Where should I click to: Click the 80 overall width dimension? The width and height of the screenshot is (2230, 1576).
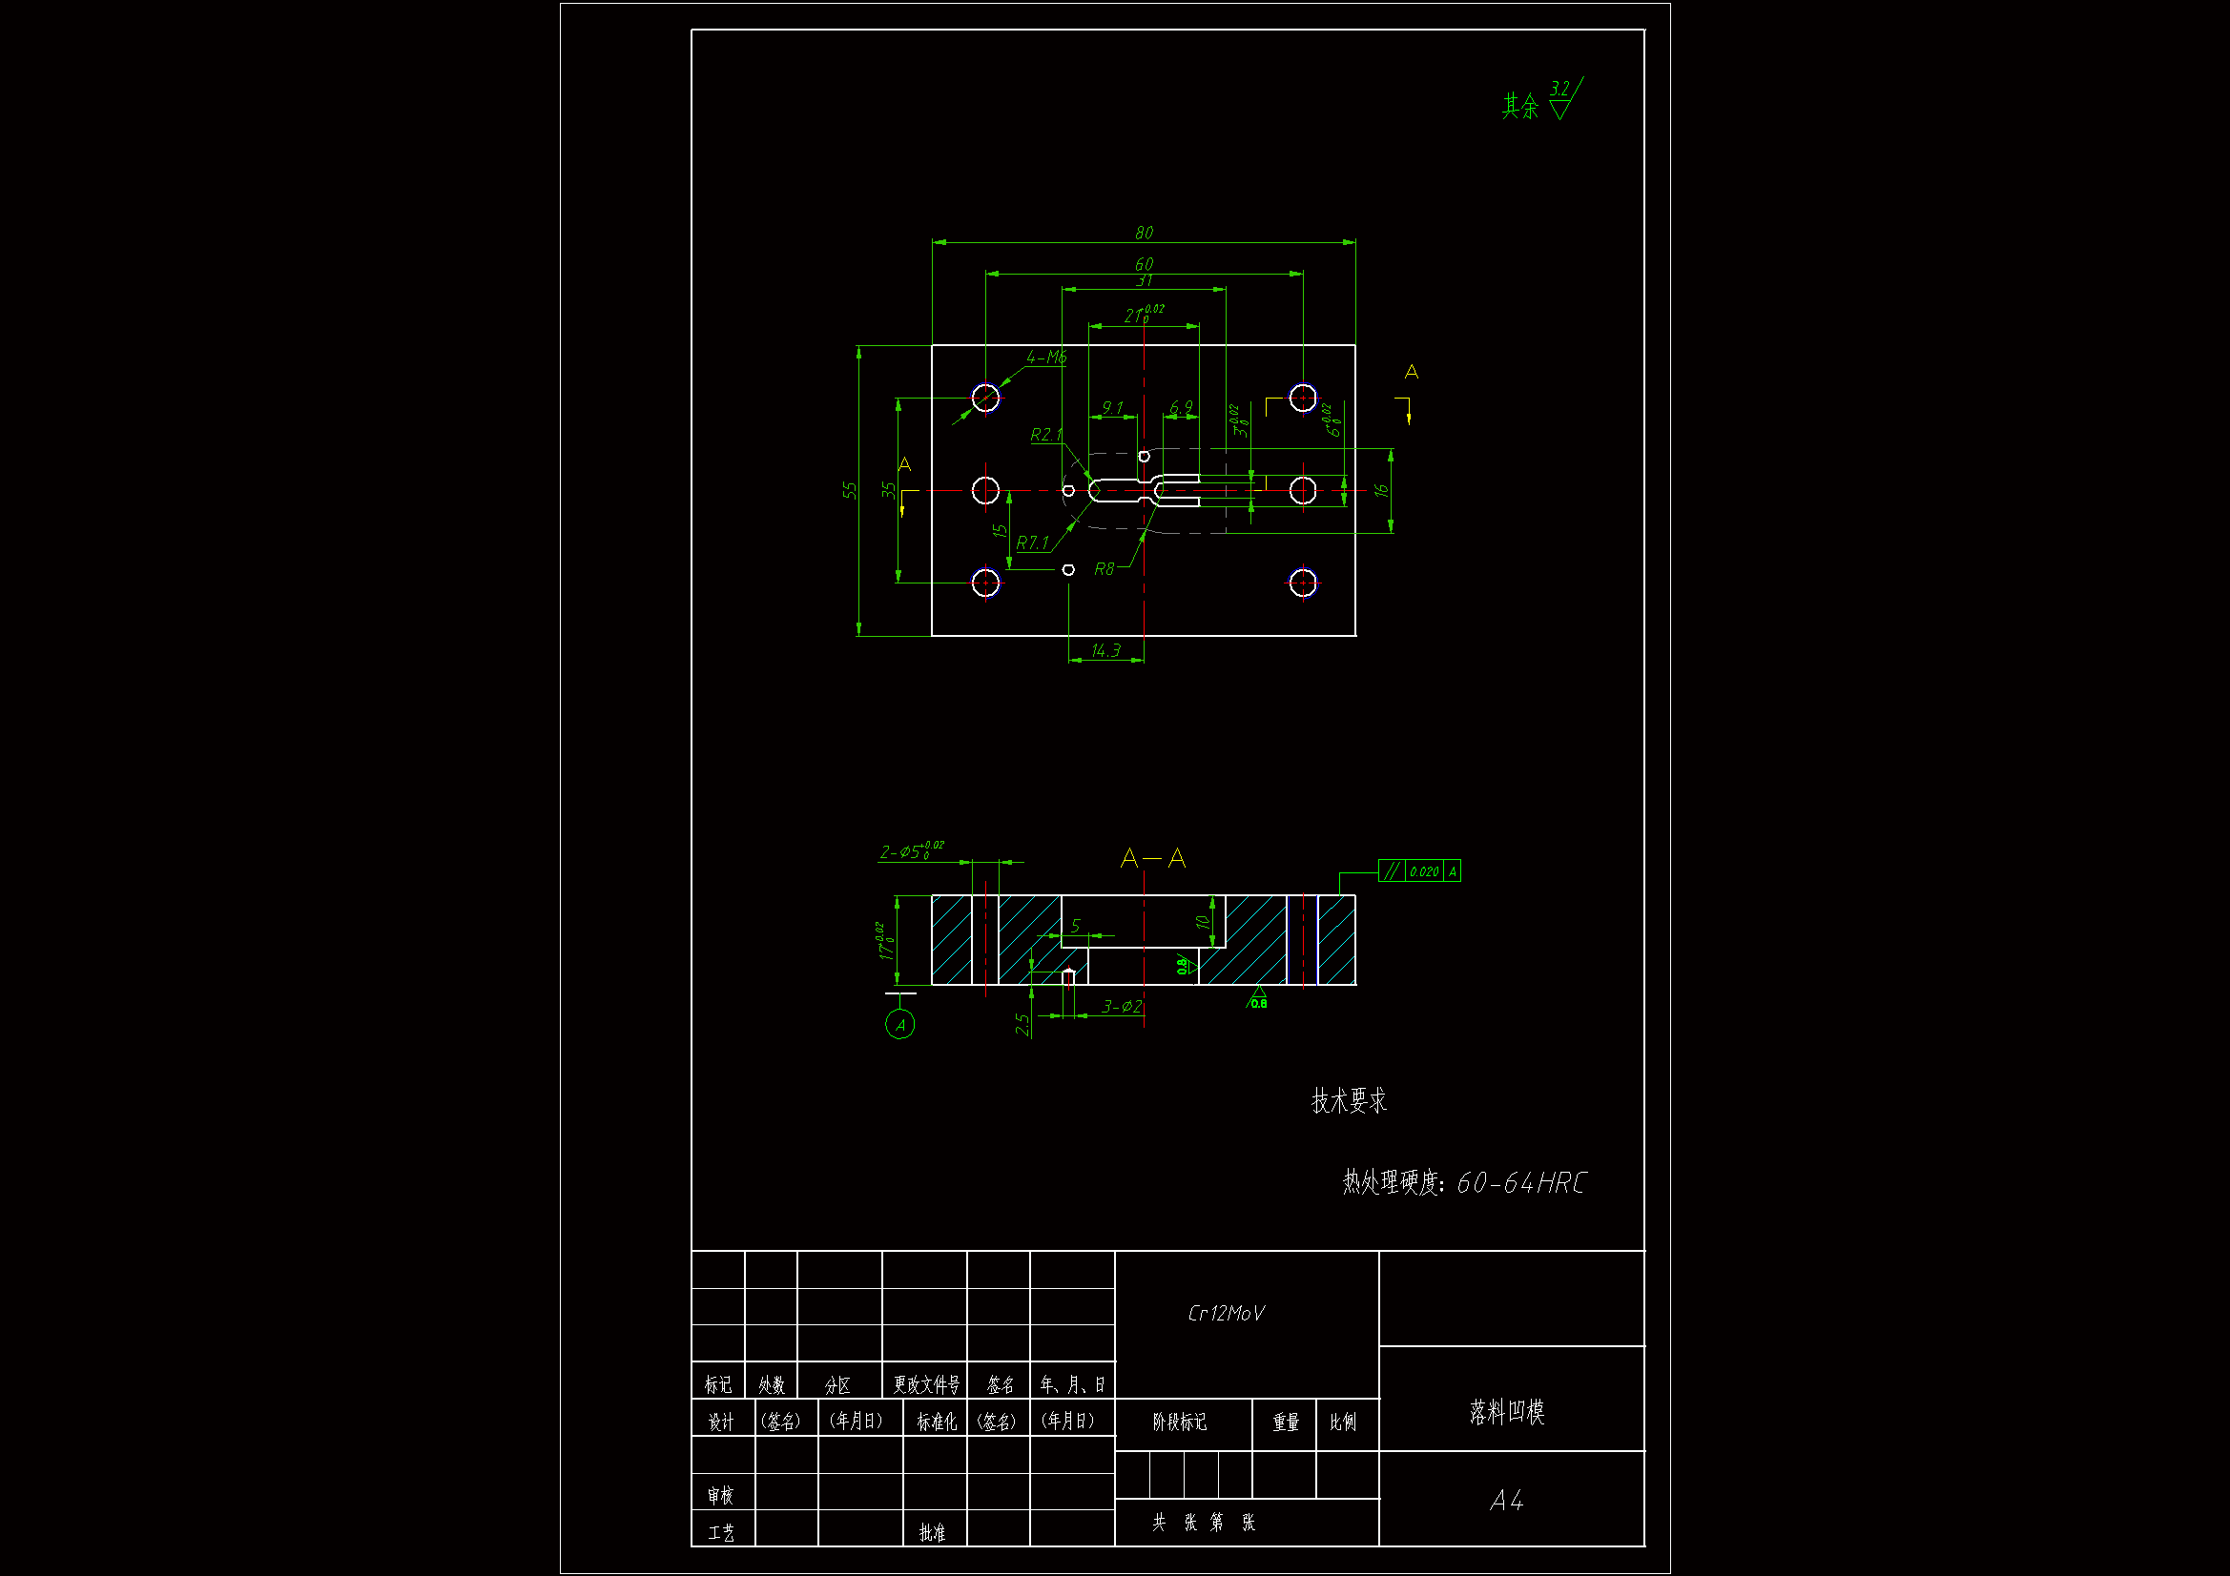[1144, 233]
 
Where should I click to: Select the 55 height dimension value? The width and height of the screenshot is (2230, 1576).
[850, 490]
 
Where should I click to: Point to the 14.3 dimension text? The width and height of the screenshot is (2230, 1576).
[1105, 650]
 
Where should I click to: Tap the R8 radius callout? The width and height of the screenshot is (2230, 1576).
[1105, 569]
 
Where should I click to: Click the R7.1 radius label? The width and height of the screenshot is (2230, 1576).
[1032, 542]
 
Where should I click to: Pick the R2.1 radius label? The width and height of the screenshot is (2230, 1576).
[1046, 435]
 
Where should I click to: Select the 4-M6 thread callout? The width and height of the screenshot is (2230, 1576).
[1047, 358]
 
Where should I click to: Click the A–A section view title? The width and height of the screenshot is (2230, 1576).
[1153, 858]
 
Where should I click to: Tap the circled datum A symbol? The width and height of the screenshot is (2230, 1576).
[900, 1025]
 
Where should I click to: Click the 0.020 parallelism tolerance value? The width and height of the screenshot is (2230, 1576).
[1424, 872]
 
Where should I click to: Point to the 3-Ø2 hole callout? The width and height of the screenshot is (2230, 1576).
[1122, 1007]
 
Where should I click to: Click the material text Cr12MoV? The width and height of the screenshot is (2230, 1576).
[1226, 1314]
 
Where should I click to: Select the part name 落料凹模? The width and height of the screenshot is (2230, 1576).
[1506, 1412]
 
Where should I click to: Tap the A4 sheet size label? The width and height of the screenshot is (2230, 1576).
[1506, 1502]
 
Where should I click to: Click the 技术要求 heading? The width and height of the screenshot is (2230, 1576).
[1349, 1101]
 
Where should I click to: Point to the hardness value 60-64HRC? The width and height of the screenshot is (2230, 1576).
[1521, 1183]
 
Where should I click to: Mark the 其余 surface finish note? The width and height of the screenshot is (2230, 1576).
[1521, 106]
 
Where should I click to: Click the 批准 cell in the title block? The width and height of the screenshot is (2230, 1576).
[933, 1532]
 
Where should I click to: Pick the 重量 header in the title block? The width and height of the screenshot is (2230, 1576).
[1286, 1422]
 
